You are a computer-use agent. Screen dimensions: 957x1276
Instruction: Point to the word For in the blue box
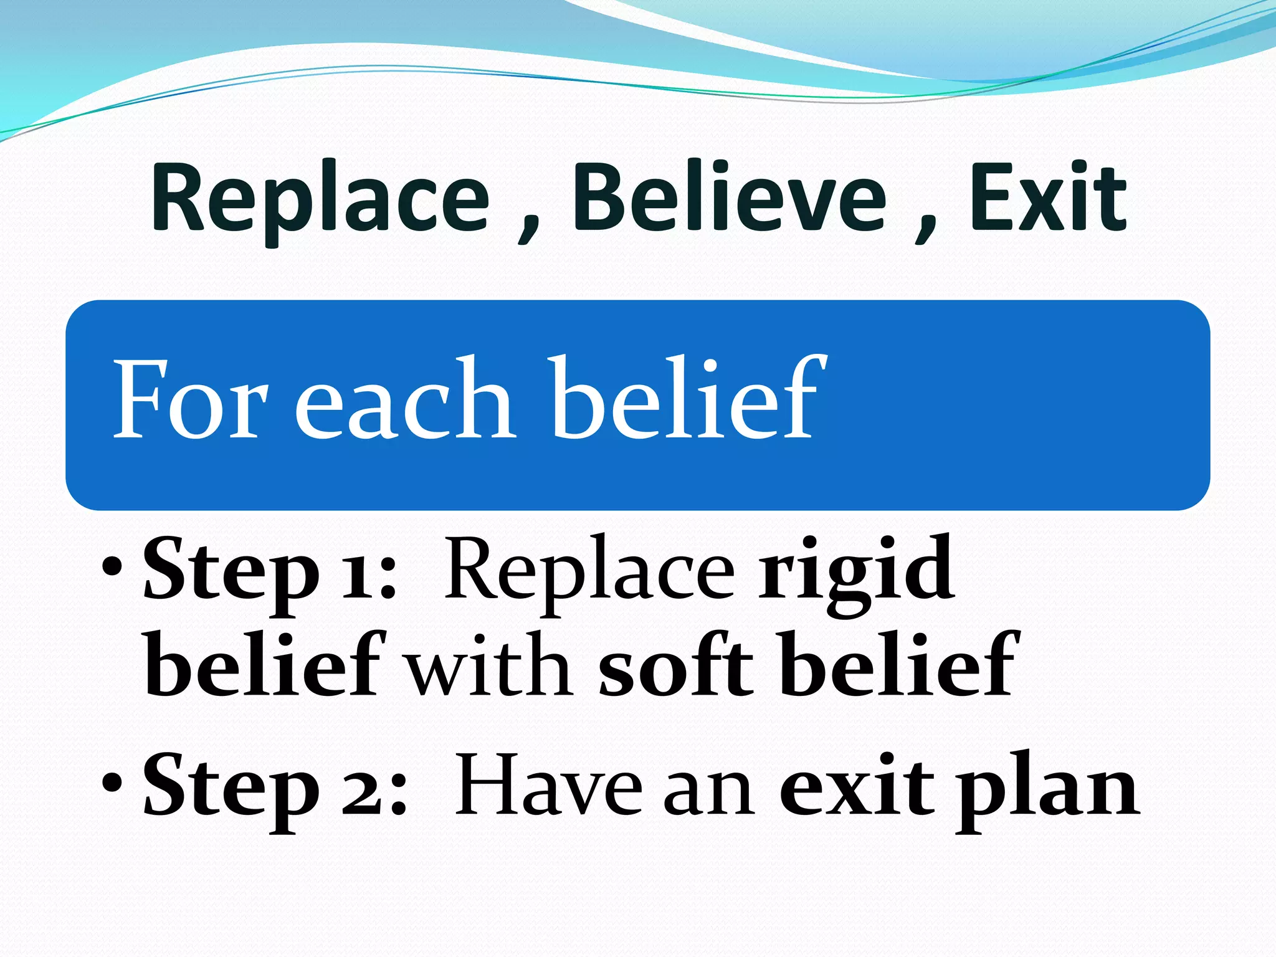190,399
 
